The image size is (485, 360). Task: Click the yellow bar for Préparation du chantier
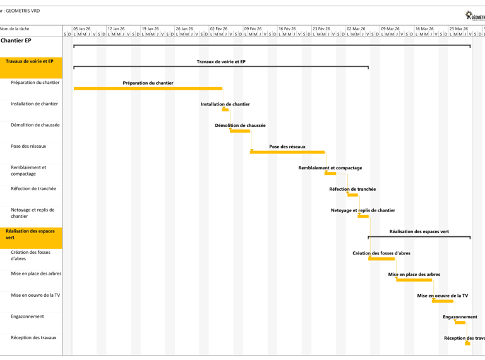coord(148,88)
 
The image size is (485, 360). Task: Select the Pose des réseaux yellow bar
coord(287,152)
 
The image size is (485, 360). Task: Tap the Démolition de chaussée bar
coord(240,131)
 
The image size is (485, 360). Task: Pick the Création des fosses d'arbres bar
coord(381,258)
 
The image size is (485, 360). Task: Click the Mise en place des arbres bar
coord(414,280)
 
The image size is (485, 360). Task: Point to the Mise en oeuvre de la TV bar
coord(442,301)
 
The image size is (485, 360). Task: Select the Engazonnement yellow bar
coord(460,322)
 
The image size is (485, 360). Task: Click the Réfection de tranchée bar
coord(352,195)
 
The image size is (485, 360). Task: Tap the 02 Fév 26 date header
coord(219,28)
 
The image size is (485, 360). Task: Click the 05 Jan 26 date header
coord(82,28)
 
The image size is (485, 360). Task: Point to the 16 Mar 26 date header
coord(424,28)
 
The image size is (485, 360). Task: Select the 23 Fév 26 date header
coord(321,28)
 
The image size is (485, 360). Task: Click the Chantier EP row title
coord(16,41)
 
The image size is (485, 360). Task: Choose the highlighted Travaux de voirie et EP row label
coord(30,62)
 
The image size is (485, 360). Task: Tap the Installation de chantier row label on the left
coord(34,104)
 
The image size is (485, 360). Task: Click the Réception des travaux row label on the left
coord(33,338)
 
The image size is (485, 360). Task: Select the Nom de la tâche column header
coord(15,29)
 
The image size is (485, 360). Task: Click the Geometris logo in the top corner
coord(474,15)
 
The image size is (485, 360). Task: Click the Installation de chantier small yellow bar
coord(225,109)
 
